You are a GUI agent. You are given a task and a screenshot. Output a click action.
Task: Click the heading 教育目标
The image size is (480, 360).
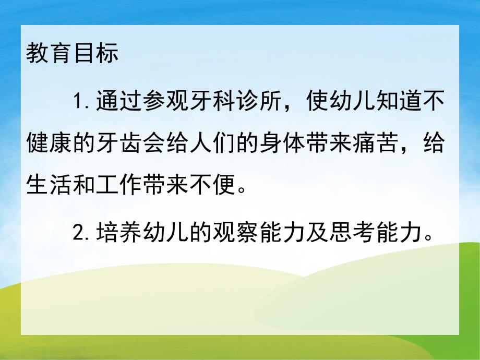point(73,54)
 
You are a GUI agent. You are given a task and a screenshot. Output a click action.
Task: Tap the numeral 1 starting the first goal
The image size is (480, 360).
point(78,100)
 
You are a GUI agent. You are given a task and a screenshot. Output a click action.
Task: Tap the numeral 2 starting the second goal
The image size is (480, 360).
point(78,234)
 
